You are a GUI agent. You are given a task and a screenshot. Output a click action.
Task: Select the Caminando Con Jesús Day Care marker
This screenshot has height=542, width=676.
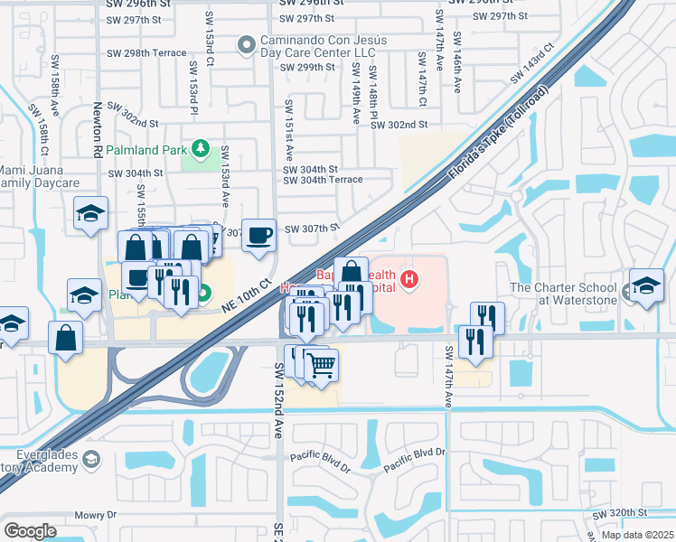click(246, 45)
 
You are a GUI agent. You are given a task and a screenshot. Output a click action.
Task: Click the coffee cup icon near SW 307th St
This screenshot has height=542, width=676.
click(259, 234)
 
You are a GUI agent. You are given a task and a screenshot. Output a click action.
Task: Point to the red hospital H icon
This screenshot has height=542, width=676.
click(410, 279)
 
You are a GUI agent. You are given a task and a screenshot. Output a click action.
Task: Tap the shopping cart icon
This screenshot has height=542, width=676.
click(321, 365)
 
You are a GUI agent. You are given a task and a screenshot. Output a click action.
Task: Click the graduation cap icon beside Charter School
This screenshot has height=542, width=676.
click(646, 285)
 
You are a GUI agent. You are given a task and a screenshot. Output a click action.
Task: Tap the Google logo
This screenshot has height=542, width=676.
click(30, 530)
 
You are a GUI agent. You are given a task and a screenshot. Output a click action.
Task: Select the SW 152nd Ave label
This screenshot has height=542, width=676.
click(277, 397)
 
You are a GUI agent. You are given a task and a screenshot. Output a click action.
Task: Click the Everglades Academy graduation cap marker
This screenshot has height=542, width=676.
click(90, 461)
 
